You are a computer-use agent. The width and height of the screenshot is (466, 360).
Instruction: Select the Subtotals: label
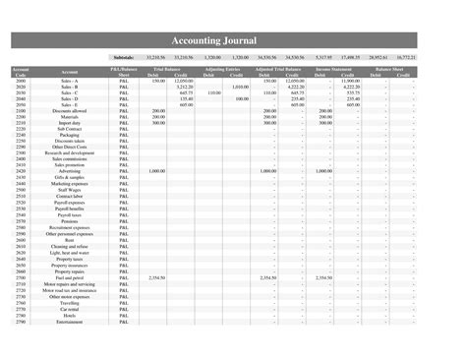tap(123, 58)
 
